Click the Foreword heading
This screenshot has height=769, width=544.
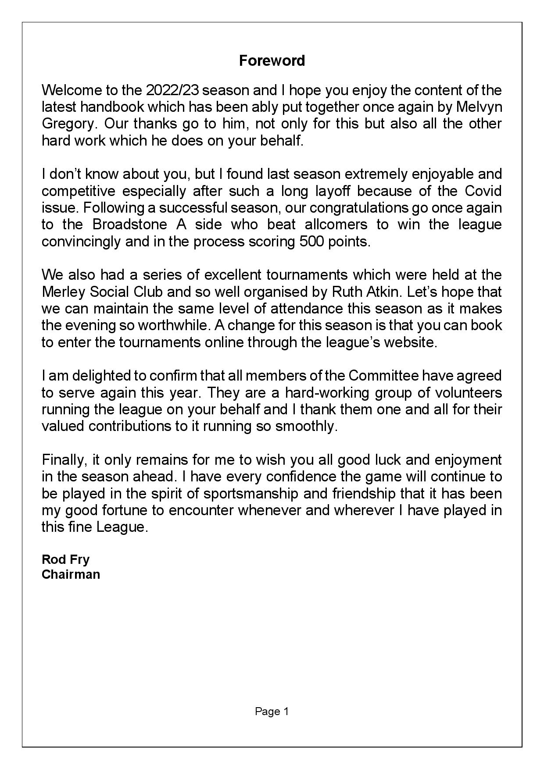[272, 61]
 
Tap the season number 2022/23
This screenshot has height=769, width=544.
[173, 90]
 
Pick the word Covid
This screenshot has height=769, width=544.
[483, 191]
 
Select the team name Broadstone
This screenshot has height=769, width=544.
[130, 224]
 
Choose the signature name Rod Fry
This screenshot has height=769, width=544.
[65, 559]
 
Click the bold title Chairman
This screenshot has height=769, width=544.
[71, 574]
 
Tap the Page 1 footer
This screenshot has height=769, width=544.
[272, 712]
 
